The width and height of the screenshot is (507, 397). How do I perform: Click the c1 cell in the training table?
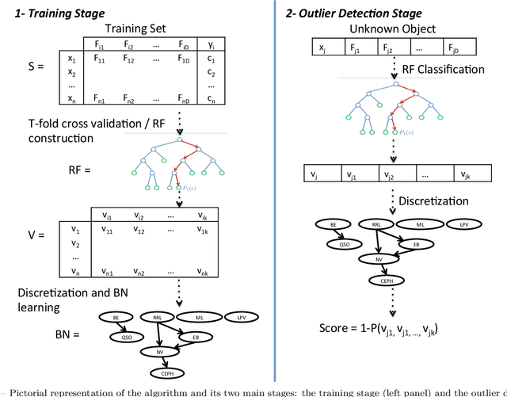pos(212,58)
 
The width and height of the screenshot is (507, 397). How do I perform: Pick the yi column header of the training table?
pos(211,44)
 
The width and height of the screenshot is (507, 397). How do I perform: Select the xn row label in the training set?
pos(71,98)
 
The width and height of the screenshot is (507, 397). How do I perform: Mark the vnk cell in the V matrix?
pos(201,271)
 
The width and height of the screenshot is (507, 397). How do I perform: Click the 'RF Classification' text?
pos(441,69)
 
